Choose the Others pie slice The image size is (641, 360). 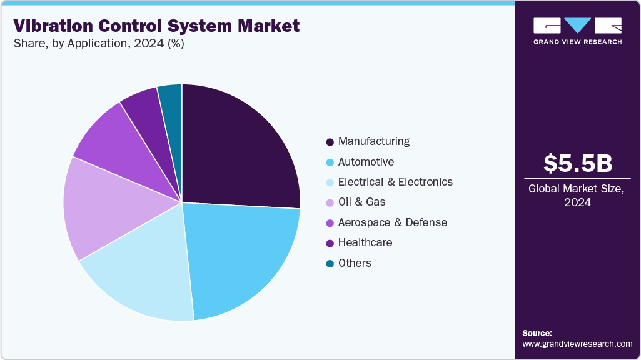point(171,100)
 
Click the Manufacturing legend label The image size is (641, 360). point(374,141)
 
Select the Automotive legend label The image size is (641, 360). point(366,162)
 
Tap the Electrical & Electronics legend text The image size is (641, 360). point(395,182)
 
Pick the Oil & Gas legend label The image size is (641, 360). point(361,202)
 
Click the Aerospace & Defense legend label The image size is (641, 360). point(393,222)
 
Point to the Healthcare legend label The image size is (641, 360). point(365,242)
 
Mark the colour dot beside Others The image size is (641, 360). point(330,264)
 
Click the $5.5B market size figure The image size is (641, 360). point(578,163)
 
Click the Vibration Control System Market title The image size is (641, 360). point(156,26)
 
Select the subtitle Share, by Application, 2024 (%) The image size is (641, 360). point(98,44)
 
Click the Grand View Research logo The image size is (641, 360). point(577,31)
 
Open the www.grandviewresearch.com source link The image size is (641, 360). point(577,344)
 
